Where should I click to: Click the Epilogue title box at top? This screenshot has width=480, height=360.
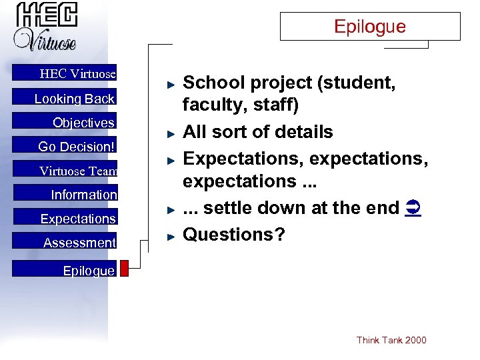click(369, 27)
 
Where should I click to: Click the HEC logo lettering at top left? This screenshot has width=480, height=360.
click(47, 16)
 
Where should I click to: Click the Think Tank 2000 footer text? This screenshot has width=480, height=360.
click(391, 340)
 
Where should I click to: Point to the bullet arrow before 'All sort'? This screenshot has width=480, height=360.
click(171, 134)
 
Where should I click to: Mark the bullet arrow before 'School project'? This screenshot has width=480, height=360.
click(171, 85)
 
